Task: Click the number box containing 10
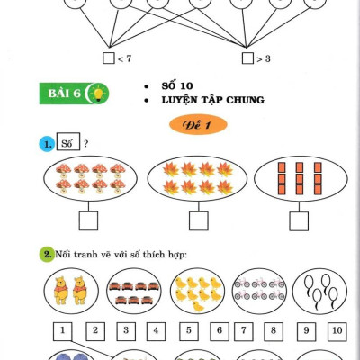[x=337, y=331]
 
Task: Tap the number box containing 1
[x=63, y=331]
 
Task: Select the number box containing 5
[x=189, y=331]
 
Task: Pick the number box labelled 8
[x=274, y=331]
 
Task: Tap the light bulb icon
[x=98, y=94]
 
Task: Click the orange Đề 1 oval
[x=198, y=124]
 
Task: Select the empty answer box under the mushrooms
[x=88, y=221]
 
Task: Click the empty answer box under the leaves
[x=199, y=221]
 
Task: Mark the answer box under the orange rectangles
[x=299, y=221]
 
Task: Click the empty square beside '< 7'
[x=109, y=58]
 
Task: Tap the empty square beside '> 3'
[x=247, y=58]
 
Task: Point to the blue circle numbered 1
[x=47, y=144]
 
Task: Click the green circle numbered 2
[x=47, y=255]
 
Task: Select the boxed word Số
[x=68, y=141]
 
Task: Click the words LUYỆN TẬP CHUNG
[x=213, y=100]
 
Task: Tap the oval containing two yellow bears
[x=71, y=291]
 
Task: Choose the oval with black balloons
[x=319, y=291]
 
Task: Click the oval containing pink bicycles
[x=259, y=291]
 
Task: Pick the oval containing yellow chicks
[x=197, y=291]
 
